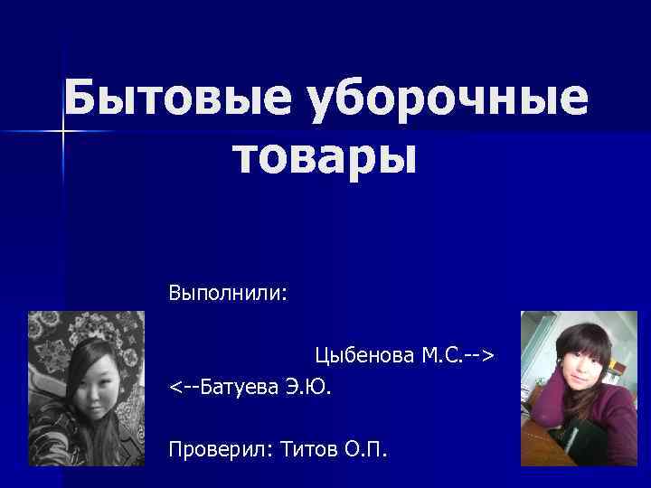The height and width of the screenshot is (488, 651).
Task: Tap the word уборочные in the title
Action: click(x=448, y=100)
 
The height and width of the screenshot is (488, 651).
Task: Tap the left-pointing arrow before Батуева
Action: click(x=183, y=388)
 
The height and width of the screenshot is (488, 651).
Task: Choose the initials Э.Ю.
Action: click(x=308, y=388)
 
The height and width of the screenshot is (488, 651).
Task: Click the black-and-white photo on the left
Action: click(x=86, y=388)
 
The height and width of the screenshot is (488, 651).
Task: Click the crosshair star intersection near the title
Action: click(x=64, y=132)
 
